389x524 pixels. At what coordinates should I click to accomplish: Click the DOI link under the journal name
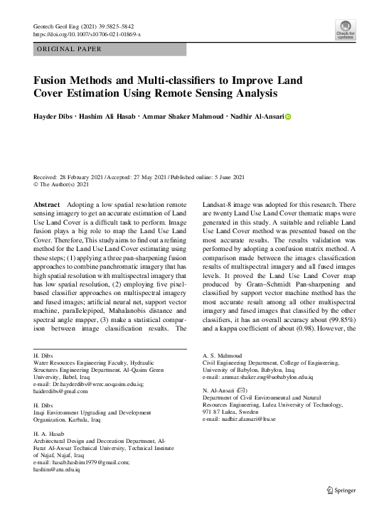87,34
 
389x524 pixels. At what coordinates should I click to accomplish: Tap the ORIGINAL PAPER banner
68,49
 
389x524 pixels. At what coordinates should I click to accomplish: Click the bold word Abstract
47,204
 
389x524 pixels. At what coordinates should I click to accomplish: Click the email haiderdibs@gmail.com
63,391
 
